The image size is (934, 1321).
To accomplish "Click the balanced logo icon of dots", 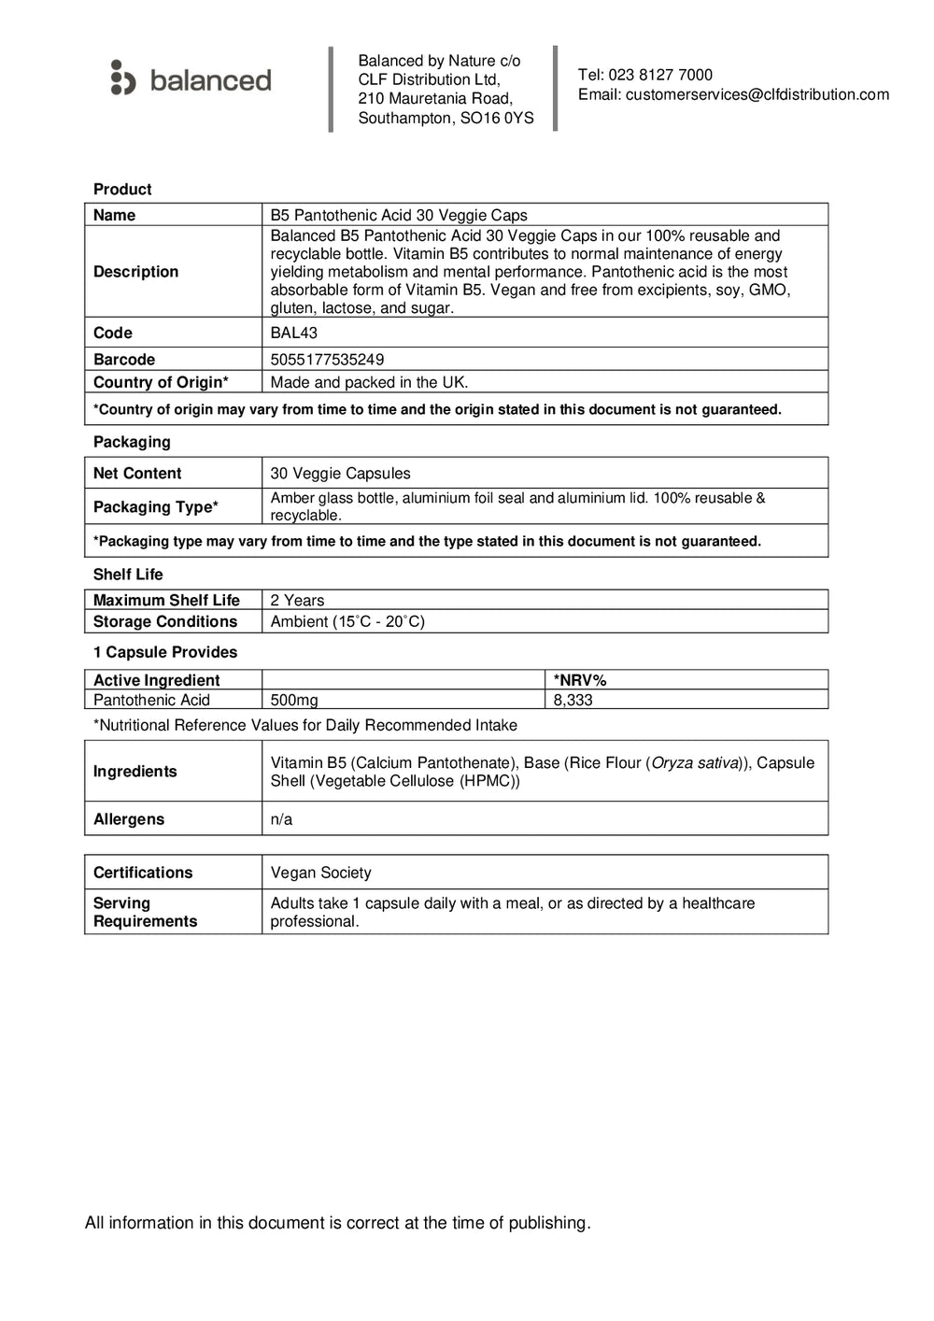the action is (122, 78).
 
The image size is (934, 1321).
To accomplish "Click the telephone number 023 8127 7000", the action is (660, 75).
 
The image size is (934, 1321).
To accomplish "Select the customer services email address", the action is (757, 94).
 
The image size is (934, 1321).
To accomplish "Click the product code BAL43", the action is (293, 333).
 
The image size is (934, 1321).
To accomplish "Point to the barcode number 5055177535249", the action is (327, 360).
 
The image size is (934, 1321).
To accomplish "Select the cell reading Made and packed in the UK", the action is (369, 382).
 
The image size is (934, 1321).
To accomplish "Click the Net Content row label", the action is (137, 474).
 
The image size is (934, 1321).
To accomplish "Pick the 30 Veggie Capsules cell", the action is (340, 474).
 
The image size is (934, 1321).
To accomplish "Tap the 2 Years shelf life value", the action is (297, 601).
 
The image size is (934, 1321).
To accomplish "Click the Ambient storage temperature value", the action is (347, 622).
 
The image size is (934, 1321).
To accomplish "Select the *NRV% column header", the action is (580, 681).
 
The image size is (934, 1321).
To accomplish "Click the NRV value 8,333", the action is (573, 701).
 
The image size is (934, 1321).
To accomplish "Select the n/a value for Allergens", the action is (281, 819).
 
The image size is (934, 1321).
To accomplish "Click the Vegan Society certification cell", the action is (320, 873).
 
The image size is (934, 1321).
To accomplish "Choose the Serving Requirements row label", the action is (145, 912).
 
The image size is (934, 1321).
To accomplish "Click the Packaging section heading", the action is (132, 442).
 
